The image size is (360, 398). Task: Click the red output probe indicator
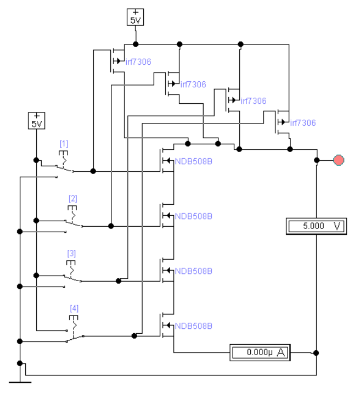pos(339,160)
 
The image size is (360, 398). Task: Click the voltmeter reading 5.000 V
pos(316,226)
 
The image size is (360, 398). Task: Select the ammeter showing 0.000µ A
pos(260,352)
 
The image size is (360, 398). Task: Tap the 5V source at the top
pos(135,17)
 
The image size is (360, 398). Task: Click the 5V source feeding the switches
pos(37,121)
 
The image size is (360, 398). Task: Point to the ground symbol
pos(20,382)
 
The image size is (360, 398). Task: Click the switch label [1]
pos(64,144)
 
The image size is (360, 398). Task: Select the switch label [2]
pos(73,199)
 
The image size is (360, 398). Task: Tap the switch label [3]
pos(71,253)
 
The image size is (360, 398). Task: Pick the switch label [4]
pos(74,309)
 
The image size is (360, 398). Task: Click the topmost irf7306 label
pos(138,61)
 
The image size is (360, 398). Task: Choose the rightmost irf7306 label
pos(303,123)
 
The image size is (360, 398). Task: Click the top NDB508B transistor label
pos(194,161)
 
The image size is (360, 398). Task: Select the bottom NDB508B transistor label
pos(194,326)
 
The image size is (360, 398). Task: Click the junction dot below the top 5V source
pos(136,44)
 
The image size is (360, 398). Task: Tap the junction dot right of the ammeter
pos(316,353)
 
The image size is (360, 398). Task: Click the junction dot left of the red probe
pos(317,160)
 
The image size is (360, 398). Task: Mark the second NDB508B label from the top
pos(194,216)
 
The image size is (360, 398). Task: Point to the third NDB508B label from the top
pos(194,271)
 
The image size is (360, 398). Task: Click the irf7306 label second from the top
pos(193,85)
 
